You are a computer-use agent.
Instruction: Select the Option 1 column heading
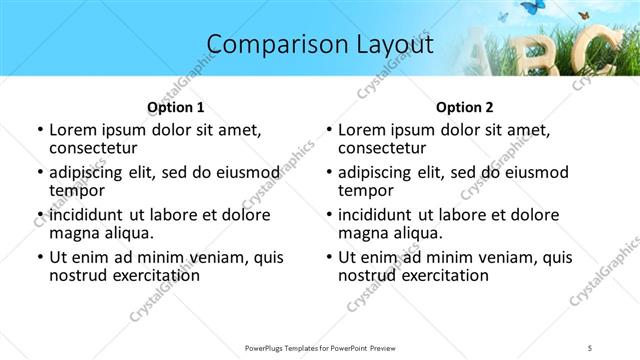tap(175, 107)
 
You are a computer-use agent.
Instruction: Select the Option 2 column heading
tap(464, 107)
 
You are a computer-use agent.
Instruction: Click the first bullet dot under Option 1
tap(39, 130)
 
